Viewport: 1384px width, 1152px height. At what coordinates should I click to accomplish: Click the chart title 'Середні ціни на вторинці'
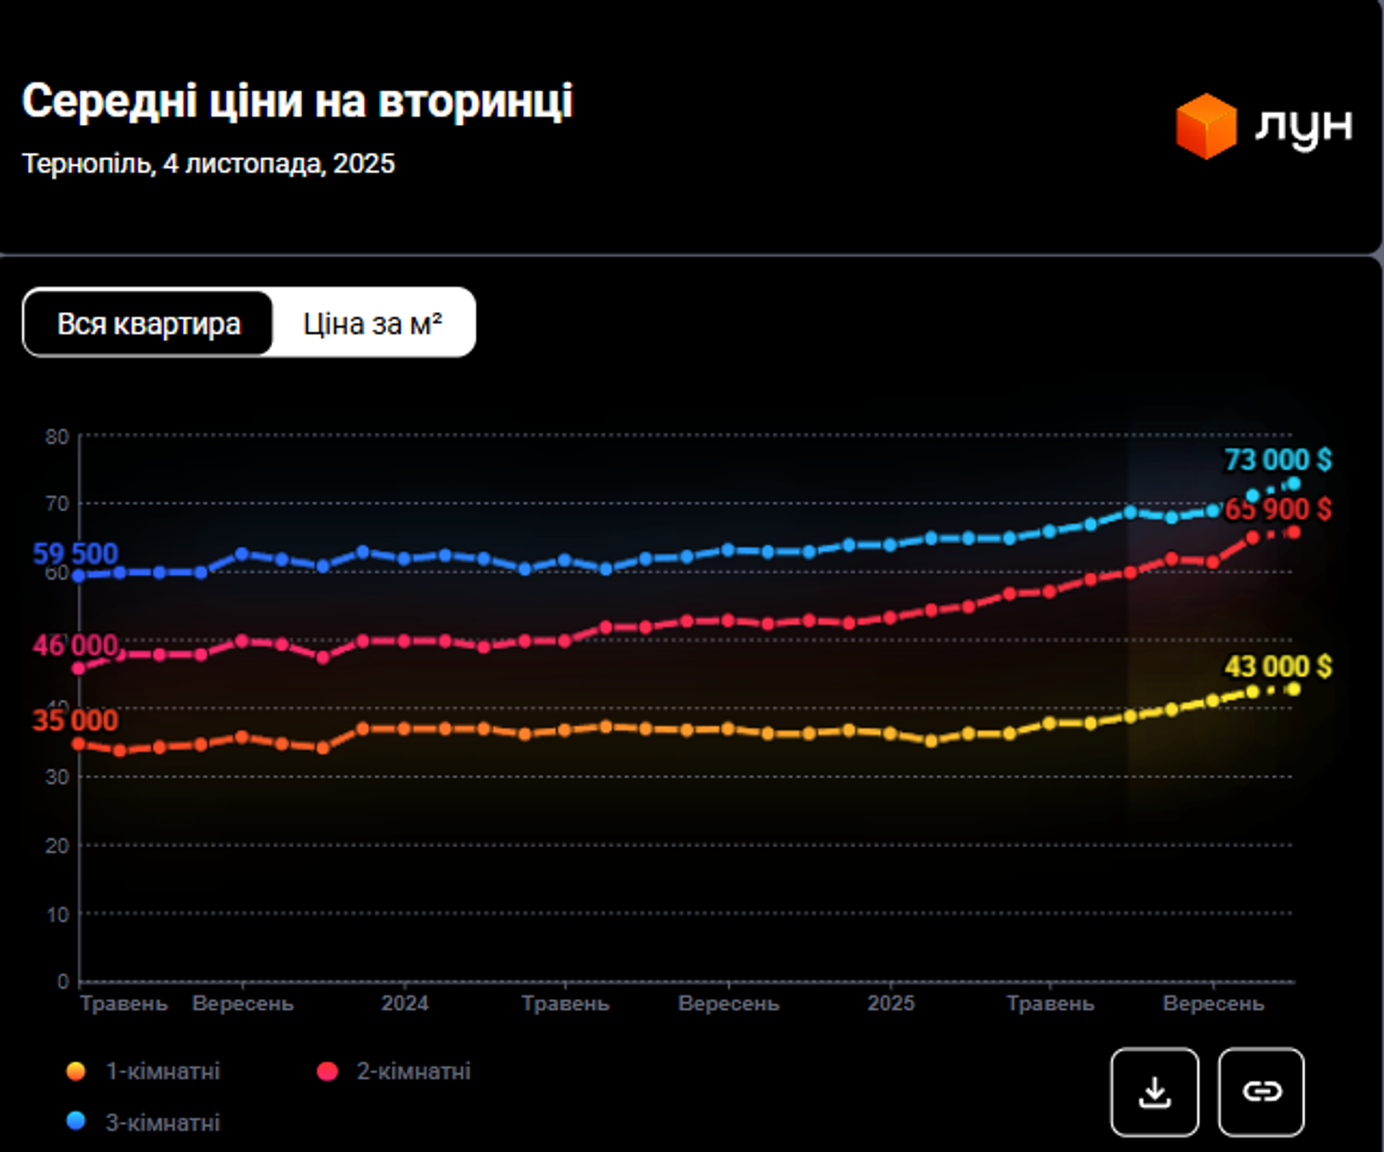297,100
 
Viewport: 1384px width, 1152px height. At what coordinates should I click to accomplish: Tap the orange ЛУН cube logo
1206,127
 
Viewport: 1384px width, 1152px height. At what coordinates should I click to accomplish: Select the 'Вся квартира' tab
148,323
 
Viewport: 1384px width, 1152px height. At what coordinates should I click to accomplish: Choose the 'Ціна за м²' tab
372,323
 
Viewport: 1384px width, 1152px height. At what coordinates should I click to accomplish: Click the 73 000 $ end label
1277,460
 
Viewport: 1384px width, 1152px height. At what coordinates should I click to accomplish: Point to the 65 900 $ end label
1277,509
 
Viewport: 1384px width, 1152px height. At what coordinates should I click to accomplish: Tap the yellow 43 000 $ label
1277,667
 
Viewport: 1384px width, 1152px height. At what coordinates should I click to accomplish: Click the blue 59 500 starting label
75,553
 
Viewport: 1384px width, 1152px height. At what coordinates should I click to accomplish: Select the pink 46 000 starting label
75,645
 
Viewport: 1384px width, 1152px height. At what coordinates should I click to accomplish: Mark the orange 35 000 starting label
75,720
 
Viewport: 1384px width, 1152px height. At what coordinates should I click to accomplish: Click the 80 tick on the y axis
57,437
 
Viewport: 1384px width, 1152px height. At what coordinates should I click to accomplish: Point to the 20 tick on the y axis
57,845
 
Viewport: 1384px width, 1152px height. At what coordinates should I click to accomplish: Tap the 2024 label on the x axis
404,1004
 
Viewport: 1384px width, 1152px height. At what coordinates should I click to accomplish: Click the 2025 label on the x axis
890,1004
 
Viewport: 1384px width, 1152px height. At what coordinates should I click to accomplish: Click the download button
1154,1091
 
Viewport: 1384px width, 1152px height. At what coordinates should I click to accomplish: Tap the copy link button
1261,1091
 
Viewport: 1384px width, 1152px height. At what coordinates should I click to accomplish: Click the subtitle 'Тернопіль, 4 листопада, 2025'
208,164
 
